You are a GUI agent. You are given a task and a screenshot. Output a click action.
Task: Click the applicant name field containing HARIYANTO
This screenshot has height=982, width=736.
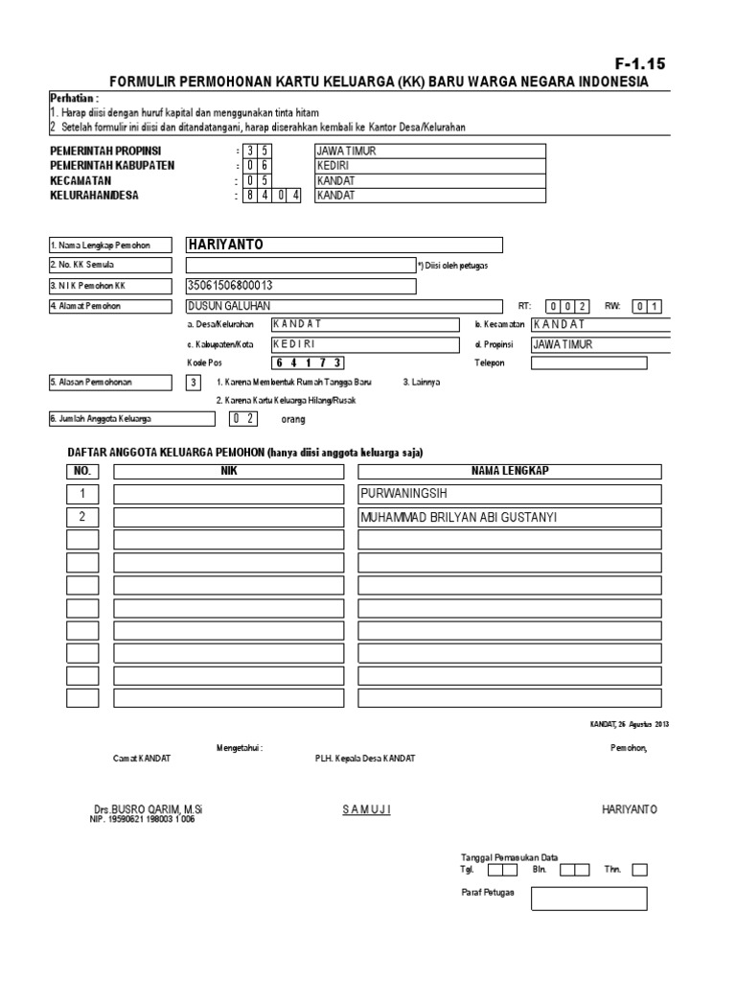tap(344, 245)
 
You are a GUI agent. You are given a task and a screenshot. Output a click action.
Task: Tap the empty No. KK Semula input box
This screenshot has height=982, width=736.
tap(300, 265)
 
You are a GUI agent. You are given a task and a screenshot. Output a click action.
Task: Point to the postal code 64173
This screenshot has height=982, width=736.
tap(309, 362)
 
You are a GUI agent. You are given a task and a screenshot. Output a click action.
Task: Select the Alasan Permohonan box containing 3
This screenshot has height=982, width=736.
tap(194, 383)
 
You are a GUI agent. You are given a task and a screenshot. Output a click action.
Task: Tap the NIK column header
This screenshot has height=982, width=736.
tap(228, 471)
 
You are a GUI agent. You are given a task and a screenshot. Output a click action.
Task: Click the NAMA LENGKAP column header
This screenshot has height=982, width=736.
tap(510, 471)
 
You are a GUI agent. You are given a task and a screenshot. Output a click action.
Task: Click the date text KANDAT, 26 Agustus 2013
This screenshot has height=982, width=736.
tap(629, 723)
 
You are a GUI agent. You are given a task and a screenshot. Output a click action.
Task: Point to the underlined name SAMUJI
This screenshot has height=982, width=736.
tap(367, 809)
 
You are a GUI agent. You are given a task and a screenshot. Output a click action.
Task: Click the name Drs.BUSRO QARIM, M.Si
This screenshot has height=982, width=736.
tap(148, 809)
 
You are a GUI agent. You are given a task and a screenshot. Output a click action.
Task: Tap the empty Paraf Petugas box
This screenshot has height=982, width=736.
tap(588, 899)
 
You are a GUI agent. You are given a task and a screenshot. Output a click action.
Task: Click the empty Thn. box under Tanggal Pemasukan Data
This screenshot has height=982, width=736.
tap(639, 870)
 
